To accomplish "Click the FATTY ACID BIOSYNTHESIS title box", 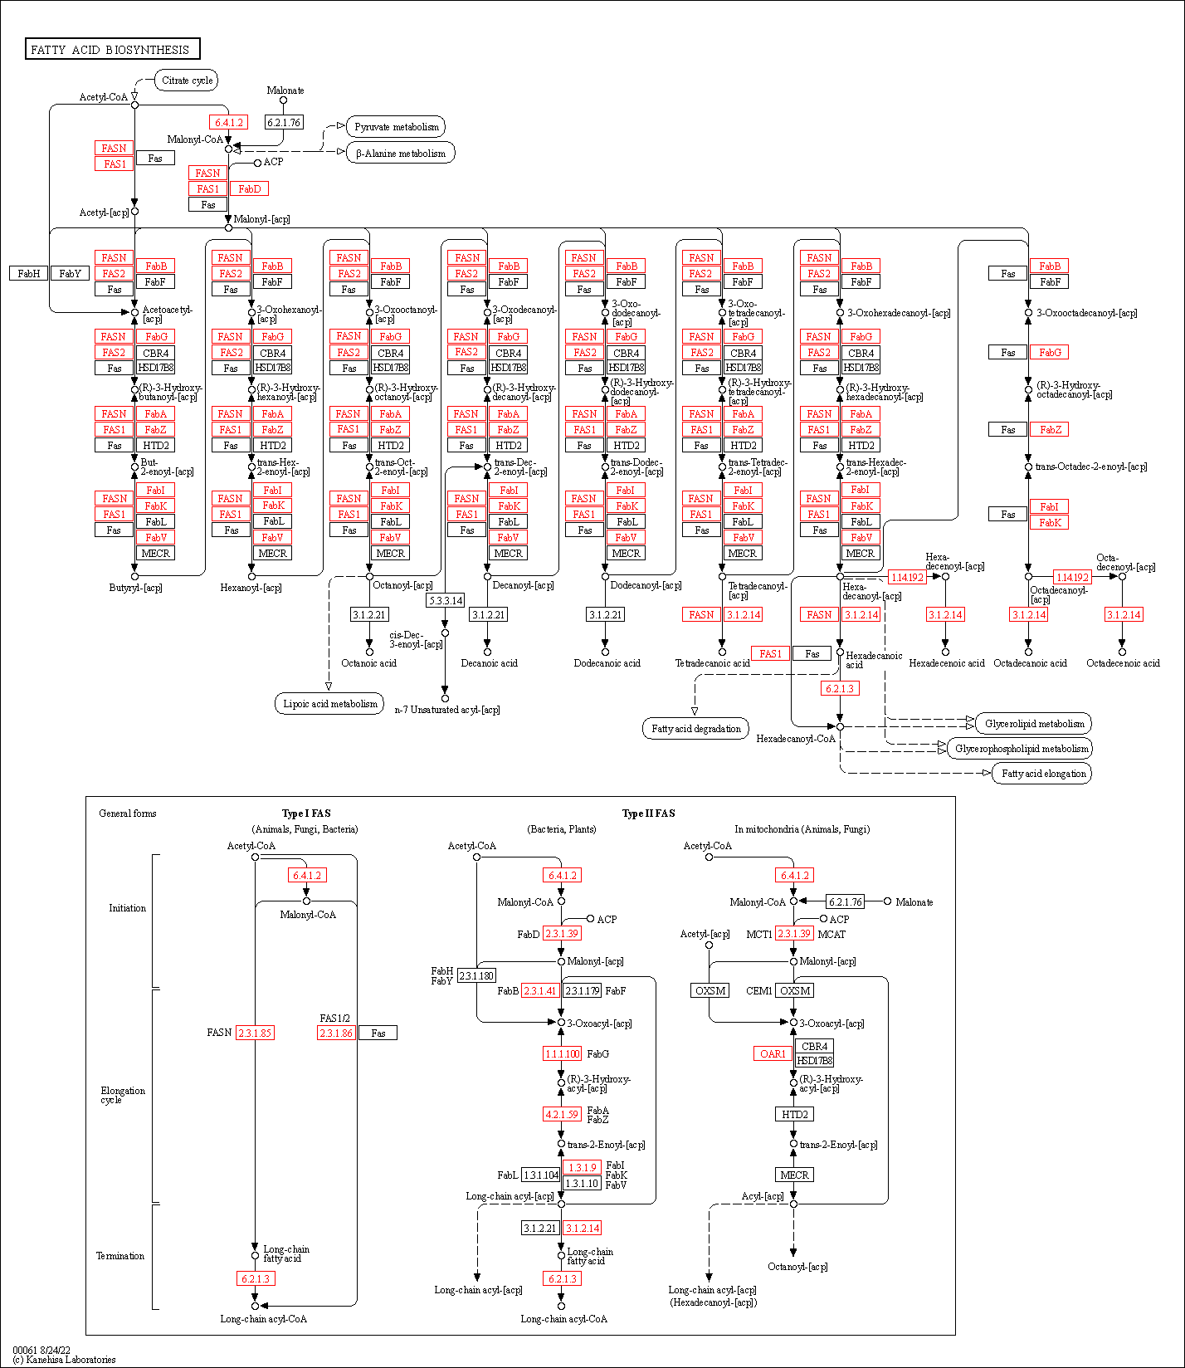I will (x=112, y=49).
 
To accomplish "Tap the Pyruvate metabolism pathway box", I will (x=397, y=127).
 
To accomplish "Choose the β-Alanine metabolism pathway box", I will (x=401, y=154).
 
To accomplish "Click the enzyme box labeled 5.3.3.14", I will (x=446, y=600).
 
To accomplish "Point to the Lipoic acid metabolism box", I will (x=329, y=704).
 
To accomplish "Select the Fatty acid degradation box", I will (x=695, y=729).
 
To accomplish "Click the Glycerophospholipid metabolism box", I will (x=1022, y=749).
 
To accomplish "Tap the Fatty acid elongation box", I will (x=1043, y=774).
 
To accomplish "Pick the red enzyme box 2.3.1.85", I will (x=255, y=1033).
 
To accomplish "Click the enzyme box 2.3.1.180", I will (x=476, y=975).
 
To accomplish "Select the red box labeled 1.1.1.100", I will (x=562, y=1053).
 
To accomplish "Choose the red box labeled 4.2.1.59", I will (x=562, y=1114).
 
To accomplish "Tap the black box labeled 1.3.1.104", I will (x=541, y=1175).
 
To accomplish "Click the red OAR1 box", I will (x=773, y=1053).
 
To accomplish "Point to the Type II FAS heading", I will (x=648, y=813).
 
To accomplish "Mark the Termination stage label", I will (x=120, y=1256).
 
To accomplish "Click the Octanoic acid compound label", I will (x=369, y=663).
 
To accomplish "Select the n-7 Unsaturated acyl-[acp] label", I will (x=447, y=710).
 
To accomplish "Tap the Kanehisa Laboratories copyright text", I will (x=65, y=1360).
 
